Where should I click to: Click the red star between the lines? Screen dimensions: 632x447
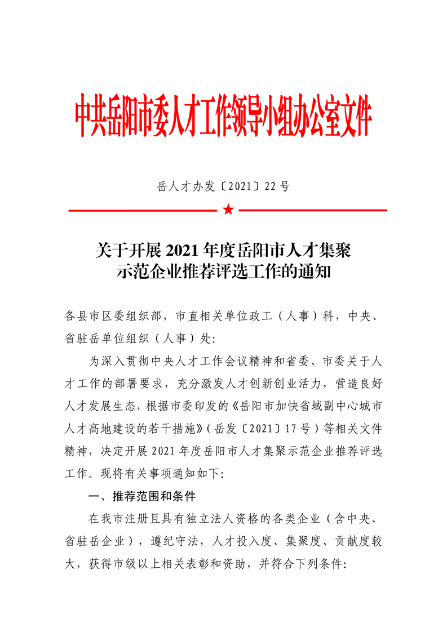[x=228, y=210]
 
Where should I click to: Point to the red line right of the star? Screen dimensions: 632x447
[x=313, y=211]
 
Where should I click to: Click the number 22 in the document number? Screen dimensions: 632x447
[x=271, y=187]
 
